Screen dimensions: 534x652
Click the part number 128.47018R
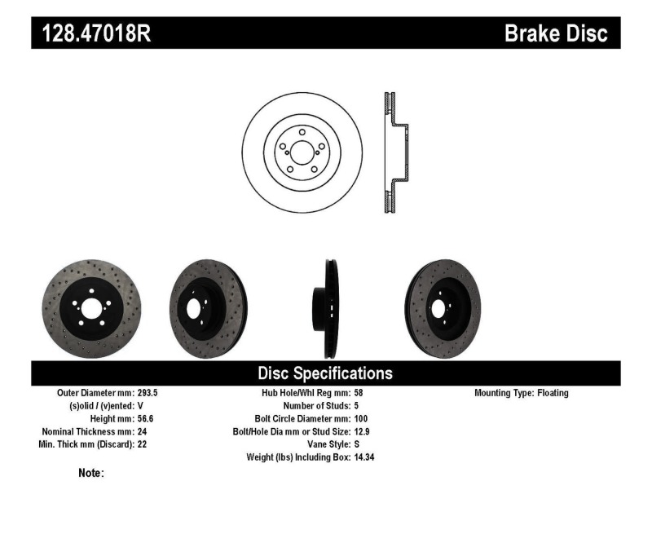(x=91, y=33)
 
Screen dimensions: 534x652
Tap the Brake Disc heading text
(x=556, y=33)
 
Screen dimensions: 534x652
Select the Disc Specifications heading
(x=325, y=373)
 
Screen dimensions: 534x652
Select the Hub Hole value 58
(x=359, y=393)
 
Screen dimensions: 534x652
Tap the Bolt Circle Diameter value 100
(x=362, y=418)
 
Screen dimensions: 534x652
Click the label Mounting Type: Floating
(x=521, y=393)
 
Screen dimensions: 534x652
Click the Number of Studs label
(x=316, y=406)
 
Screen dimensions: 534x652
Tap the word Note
(x=90, y=473)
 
